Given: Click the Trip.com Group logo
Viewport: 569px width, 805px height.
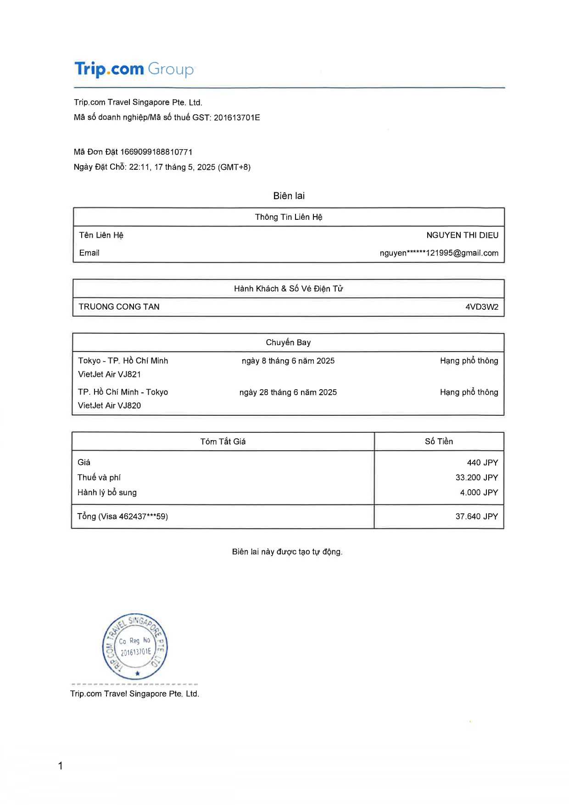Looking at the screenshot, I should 134,69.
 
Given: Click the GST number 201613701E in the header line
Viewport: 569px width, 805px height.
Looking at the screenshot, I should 237,117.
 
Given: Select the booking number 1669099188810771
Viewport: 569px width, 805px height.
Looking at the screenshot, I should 156,152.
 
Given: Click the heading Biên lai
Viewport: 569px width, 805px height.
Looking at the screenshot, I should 289,196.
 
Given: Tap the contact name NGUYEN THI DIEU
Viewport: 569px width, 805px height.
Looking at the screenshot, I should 462,235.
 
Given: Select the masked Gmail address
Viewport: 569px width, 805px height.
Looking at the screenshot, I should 439,253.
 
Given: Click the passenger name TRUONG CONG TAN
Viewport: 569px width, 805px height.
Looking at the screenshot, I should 119,307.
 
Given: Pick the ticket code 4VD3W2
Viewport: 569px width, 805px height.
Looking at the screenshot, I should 482,307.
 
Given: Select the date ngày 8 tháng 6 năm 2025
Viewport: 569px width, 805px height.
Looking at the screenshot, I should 288,361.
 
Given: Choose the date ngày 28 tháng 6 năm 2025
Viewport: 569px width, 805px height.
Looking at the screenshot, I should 288,392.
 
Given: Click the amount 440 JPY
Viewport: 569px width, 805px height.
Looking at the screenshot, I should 482,463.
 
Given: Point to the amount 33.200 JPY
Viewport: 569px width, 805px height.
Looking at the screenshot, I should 476,478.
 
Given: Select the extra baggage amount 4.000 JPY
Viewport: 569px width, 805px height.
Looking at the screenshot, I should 479,492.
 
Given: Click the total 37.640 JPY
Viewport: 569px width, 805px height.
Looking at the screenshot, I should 476,517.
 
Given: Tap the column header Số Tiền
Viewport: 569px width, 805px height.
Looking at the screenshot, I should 439,442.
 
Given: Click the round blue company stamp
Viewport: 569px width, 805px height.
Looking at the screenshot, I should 135,647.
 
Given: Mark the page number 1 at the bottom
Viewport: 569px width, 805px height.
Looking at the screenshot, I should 61,766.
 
